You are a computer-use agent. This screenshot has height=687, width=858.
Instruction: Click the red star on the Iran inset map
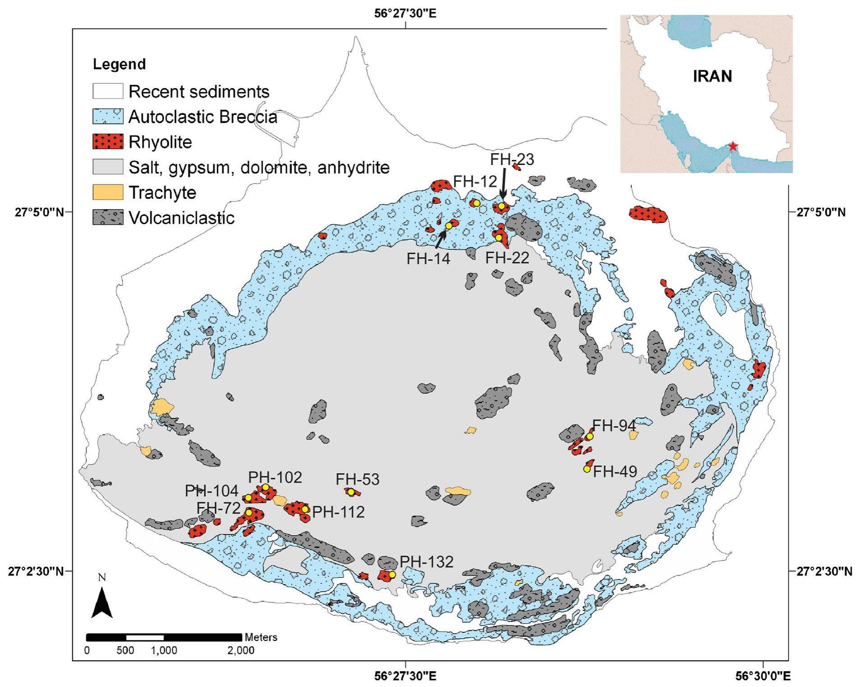[733, 146]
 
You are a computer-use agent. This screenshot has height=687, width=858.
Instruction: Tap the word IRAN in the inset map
[712, 76]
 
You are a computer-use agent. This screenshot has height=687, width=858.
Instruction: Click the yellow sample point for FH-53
[351, 492]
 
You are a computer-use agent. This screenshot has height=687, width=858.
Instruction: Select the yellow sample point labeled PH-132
[392, 574]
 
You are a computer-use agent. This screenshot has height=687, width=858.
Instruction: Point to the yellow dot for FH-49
[587, 469]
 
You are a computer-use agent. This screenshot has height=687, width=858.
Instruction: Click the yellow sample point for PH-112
[305, 509]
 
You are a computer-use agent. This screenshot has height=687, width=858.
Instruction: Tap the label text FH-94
[614, 425]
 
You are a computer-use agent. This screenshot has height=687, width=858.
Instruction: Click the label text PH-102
[275, 477]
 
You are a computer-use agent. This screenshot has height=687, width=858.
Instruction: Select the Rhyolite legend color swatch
[107, 142]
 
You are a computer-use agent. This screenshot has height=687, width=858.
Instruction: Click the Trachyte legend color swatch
[107, 193]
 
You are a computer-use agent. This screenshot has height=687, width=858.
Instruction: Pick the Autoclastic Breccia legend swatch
[107, 117]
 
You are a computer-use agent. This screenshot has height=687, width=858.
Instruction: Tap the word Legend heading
[119, 64]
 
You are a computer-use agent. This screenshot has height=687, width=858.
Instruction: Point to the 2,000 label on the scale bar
[241, 650]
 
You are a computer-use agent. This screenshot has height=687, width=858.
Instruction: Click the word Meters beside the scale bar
[261, 637]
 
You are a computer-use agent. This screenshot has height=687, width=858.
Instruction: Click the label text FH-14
[428, 259]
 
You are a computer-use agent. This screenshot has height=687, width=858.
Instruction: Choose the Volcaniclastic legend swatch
[107, 218]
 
